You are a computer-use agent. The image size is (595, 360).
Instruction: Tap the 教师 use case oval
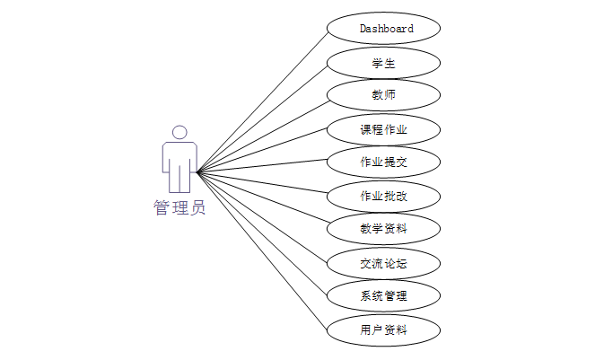pyautogui.click(x=384, y=95)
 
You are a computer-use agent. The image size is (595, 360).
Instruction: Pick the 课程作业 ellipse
pyautogui.click(x=384, y=129)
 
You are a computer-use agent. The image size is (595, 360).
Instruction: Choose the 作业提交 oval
pyautogui.click(x=384, y=162)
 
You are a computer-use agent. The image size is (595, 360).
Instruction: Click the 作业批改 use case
pyautogui.click(x=384, y=196)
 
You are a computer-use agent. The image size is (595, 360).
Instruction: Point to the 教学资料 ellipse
pyautogui.click(x=384, y=229)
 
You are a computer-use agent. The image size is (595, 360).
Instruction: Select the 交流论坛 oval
pyautogui.click(x=384, y=263)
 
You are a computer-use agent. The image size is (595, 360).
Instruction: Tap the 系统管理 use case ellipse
pyautogui.click(x=384, y=296)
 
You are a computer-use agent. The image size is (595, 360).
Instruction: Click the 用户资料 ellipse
pyautogui.click(x=384, y=329)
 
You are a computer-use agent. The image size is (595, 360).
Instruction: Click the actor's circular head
pyautogui.click(x=179, y=132)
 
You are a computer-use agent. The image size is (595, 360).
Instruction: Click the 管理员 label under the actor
pyautogui.click(x=179, y=208)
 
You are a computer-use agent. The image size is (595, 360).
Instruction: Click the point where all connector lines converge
pyautogui.click(x=197, y=171)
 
